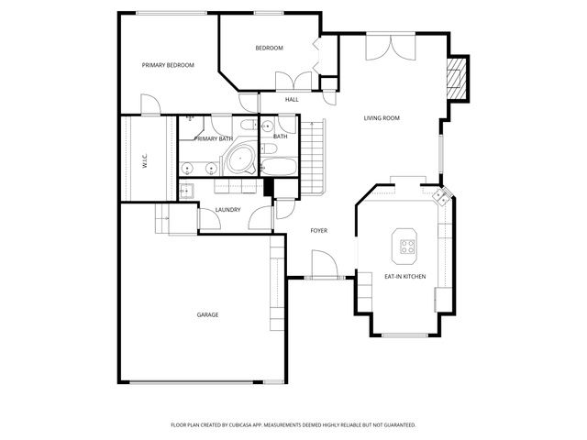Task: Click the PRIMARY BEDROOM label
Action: pyautogui.click(x=167, y=65)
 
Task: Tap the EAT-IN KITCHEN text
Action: pyautogui.click(x=404, y=276)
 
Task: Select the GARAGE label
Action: pyautogui.click(x=207, y=314)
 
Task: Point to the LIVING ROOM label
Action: pyautogui.click(x=382, y=118)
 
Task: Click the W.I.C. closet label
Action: pyautogui.click(x=145, y=161)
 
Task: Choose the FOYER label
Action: pyautogui.click(x=318, y=230)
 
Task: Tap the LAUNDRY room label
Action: pyautogui.click(x=227, y=210)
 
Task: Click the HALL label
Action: pyautogui.click(x=292, y=99)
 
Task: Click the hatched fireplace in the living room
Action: pyautogui.click(x=458, y=78)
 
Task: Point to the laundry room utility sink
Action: pyautogui.click(x=185, y=191)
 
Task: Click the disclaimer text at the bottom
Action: pyautogui.click(x=293, y=424)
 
